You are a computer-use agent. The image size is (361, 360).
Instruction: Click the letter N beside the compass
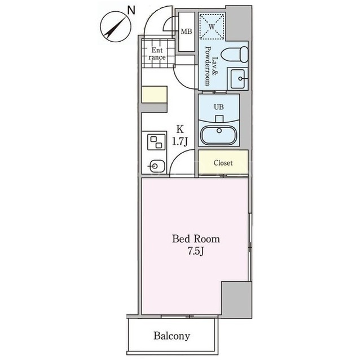point(131,11)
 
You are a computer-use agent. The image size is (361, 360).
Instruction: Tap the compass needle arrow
point(116,26)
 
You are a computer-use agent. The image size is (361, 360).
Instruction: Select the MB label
point(186,31)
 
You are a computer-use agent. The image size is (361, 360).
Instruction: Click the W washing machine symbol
point(212,26)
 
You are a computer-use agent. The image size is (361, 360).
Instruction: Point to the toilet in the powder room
point(235,54)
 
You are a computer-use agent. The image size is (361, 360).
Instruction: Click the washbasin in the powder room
point(237,79)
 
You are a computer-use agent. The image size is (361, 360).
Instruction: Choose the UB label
point(219,107)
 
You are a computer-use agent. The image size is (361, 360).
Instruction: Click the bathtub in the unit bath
point(219,135)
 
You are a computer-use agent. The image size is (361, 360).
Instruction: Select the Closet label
point(223,163)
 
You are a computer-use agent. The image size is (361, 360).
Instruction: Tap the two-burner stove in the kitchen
point(156,143)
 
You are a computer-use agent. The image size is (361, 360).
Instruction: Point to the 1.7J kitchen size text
point(180,141)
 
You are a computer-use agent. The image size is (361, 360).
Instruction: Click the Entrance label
point(157,54)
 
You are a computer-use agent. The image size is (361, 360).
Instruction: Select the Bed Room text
point(196,239)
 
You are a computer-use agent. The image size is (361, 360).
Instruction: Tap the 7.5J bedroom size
point(196,251)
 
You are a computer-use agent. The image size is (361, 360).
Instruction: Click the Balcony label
point(171,336)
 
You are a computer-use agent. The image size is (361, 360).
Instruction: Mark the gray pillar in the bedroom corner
point(237,299)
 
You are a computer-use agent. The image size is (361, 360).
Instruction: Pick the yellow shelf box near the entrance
point(154,95)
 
